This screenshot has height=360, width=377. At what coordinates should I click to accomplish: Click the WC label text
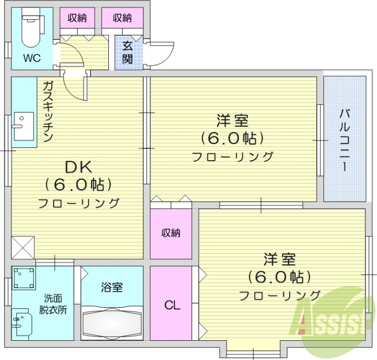coord(33,58)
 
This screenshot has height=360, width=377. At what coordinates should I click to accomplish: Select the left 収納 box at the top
coord(77,18)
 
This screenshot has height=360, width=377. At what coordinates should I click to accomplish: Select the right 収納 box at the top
coord(123,18)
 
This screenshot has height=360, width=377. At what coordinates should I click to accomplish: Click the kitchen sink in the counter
coord(23,126)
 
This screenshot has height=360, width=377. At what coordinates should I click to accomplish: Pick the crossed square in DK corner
coord(23,246)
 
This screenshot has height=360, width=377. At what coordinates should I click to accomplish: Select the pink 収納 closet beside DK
coord(171,233)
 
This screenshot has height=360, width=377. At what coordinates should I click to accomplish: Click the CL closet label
coord(172,305)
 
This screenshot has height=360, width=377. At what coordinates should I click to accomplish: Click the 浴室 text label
coord(112,287)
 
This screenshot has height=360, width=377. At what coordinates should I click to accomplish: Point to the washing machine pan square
coord(25,279)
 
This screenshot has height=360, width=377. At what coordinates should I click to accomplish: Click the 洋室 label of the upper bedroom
coord(232,121)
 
